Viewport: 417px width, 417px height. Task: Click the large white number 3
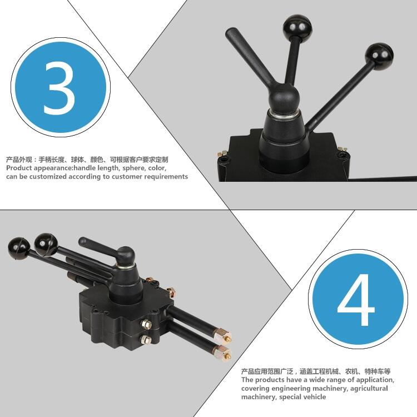click(59, 88)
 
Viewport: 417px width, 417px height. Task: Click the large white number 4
click(356, 300)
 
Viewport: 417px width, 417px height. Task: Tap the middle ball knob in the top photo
click(297, 26)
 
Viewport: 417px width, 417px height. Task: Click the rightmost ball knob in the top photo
click(379, 55)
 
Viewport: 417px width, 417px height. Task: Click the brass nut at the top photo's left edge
click(221, 153)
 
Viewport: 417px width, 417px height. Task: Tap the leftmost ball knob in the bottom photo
click(19, 247)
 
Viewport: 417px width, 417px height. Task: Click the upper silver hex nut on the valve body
click(146, 324)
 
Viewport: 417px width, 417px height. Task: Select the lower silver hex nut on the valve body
click(146, 339)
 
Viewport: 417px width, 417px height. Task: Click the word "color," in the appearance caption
click(157, 168)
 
